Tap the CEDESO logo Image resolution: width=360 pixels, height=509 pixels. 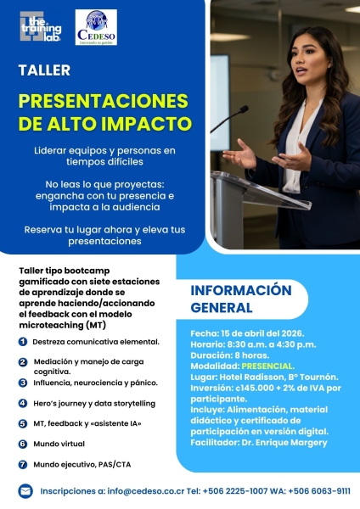(96, 27)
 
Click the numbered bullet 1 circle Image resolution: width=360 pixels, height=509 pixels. (22, 341)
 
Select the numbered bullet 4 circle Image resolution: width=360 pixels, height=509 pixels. (22, 403)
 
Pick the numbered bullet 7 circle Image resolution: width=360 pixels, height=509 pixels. (22, 464)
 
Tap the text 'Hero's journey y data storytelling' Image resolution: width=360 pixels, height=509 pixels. (93, 403)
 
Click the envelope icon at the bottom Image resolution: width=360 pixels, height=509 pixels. (25, 490)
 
